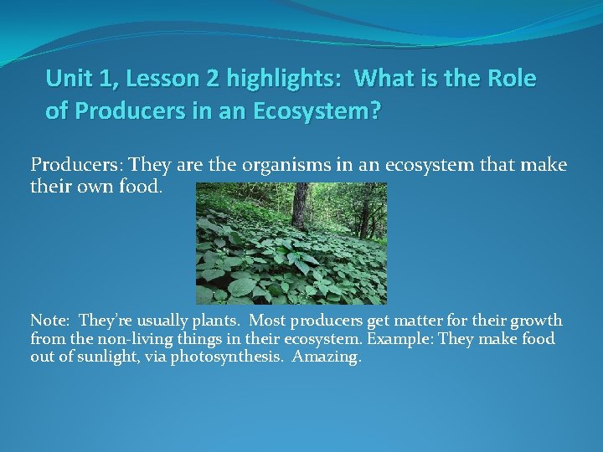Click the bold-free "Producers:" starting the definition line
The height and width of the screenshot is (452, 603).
tap(67, 164)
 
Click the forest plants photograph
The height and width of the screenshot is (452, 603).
tap(291, 244)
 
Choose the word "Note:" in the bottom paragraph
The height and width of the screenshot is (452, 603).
tap(50, 321)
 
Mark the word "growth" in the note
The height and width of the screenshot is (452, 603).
tap(536, 321)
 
